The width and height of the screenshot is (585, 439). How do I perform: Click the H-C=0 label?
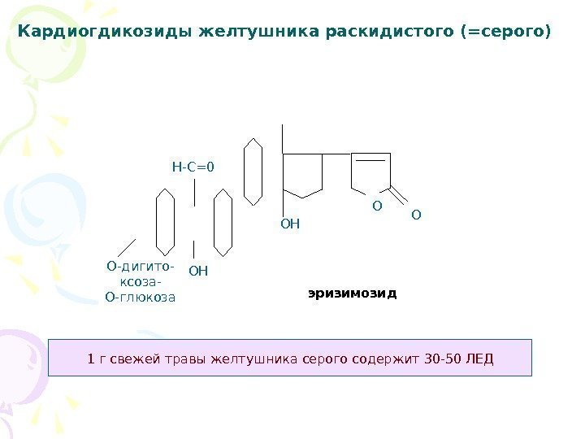coord(193,167)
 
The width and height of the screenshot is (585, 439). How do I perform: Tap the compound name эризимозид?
coord(352,292)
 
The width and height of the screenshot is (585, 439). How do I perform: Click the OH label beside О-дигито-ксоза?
coord(198,270)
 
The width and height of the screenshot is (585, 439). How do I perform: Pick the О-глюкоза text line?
coord(141,297)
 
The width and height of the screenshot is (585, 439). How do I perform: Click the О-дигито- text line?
coord(140,266)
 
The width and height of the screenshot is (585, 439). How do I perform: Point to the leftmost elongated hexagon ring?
coord(165,220)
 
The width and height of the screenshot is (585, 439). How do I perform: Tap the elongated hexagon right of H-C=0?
coord(223,221)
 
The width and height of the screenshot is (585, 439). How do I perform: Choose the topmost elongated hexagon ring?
coord(253,172)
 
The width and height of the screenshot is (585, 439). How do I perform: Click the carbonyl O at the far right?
coord(416,215)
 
